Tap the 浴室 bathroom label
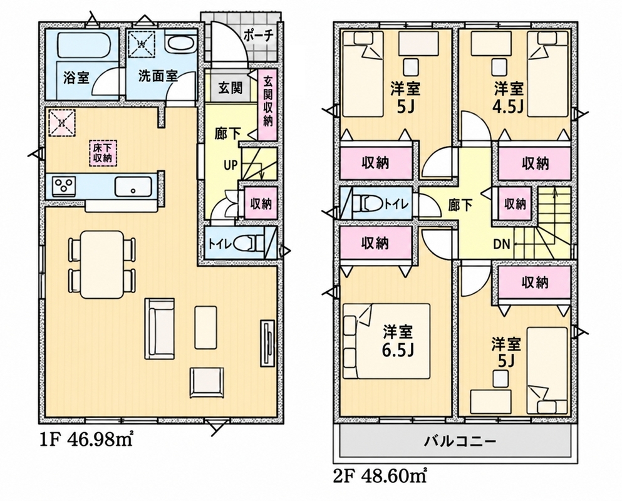click(76, 78)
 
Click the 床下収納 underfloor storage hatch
click(102, 152)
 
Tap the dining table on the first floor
click(102, 264)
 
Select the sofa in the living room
click(160, 326)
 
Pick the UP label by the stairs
click(231, 165)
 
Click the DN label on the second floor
click(501, 244)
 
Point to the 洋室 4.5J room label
click(509, 97)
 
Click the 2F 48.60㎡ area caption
click(380, 475)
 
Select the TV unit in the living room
click(267, 343)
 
